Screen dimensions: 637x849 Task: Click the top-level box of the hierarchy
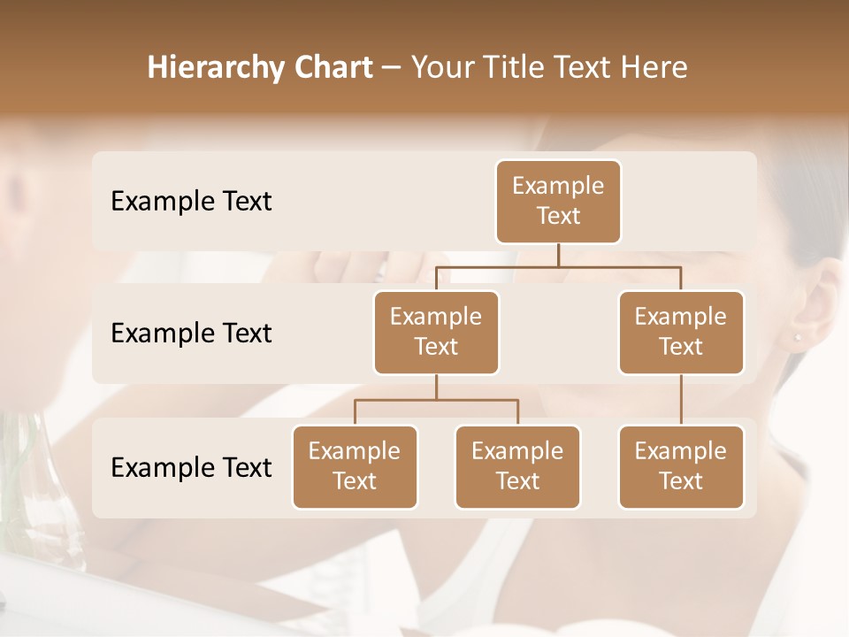558,201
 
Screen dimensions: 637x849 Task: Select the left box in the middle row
436,332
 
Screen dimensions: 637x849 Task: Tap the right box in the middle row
681,332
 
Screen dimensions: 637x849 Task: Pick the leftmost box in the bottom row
355,466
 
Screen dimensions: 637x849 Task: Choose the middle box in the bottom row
517,466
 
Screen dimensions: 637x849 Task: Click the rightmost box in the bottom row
681,466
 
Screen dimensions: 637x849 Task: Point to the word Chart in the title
329,67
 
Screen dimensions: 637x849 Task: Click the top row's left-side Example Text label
191,201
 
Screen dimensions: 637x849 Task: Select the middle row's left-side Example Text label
191,333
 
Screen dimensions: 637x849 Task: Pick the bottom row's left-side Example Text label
191,467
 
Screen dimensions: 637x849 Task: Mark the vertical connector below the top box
558,255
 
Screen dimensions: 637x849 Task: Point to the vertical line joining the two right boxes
681,400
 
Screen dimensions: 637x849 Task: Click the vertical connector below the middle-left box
436,387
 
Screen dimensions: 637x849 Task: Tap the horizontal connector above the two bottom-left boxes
436,400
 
